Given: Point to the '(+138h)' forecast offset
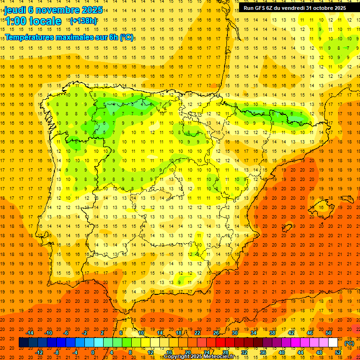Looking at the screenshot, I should pos(83,21).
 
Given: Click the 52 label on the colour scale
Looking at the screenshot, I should pos(338,352).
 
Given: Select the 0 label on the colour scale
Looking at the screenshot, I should pos(93,352).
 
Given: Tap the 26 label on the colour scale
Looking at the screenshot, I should pos(216,333).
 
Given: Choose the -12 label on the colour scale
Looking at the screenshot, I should pos(39,352).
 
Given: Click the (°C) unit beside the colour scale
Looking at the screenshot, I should pos(349,343).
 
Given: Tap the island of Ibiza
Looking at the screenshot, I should pos(286,227).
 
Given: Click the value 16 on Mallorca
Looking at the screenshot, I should pos(321,207).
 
